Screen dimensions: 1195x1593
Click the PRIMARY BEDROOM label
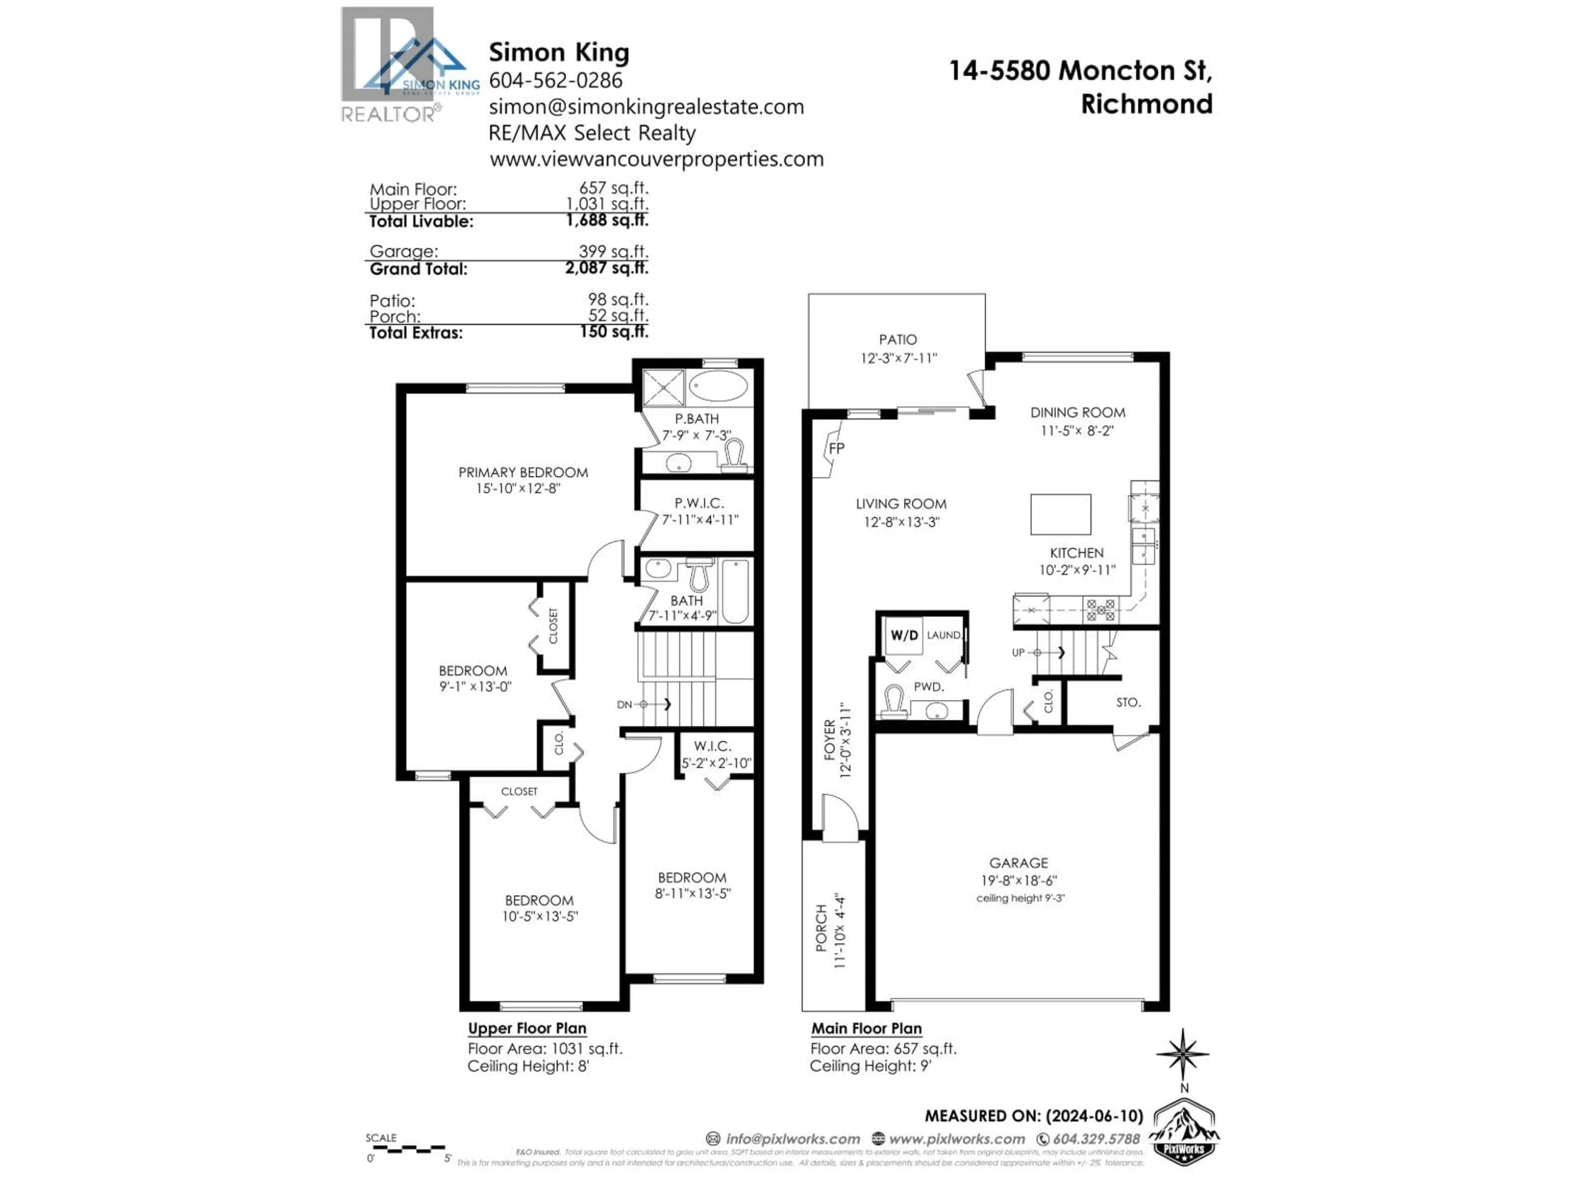pyautogui.click(x=523, y=473)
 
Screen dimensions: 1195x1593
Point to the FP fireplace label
pyautogui.click(x=836, y=448)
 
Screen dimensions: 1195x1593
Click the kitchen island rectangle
pyautogui.click(x=1060, y=514)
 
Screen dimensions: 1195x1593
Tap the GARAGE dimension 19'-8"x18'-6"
pyautogui.click(x=1018, y=880)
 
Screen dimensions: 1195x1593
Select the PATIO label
pyautogui.click(x=897, y=339)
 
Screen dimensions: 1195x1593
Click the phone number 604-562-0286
pyautogui.click(x=555, y=80)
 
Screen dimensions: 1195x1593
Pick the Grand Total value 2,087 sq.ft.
pyautogui.click(x=607, y=268)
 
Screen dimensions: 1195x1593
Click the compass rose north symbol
pyautogui.click(x=1182, y=1054)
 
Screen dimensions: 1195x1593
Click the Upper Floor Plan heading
pyautogui.click(x=527, y=1028)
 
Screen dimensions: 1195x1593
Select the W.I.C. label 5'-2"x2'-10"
pyautogui.click(x=716, y=763)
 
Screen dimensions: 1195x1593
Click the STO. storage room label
pyautogui.click(x=1128, y=702)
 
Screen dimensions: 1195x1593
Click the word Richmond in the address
pyautogui.click(x=1147, y=104)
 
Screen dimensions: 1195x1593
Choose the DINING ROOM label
pyautogui.click(x=1077, y=413)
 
